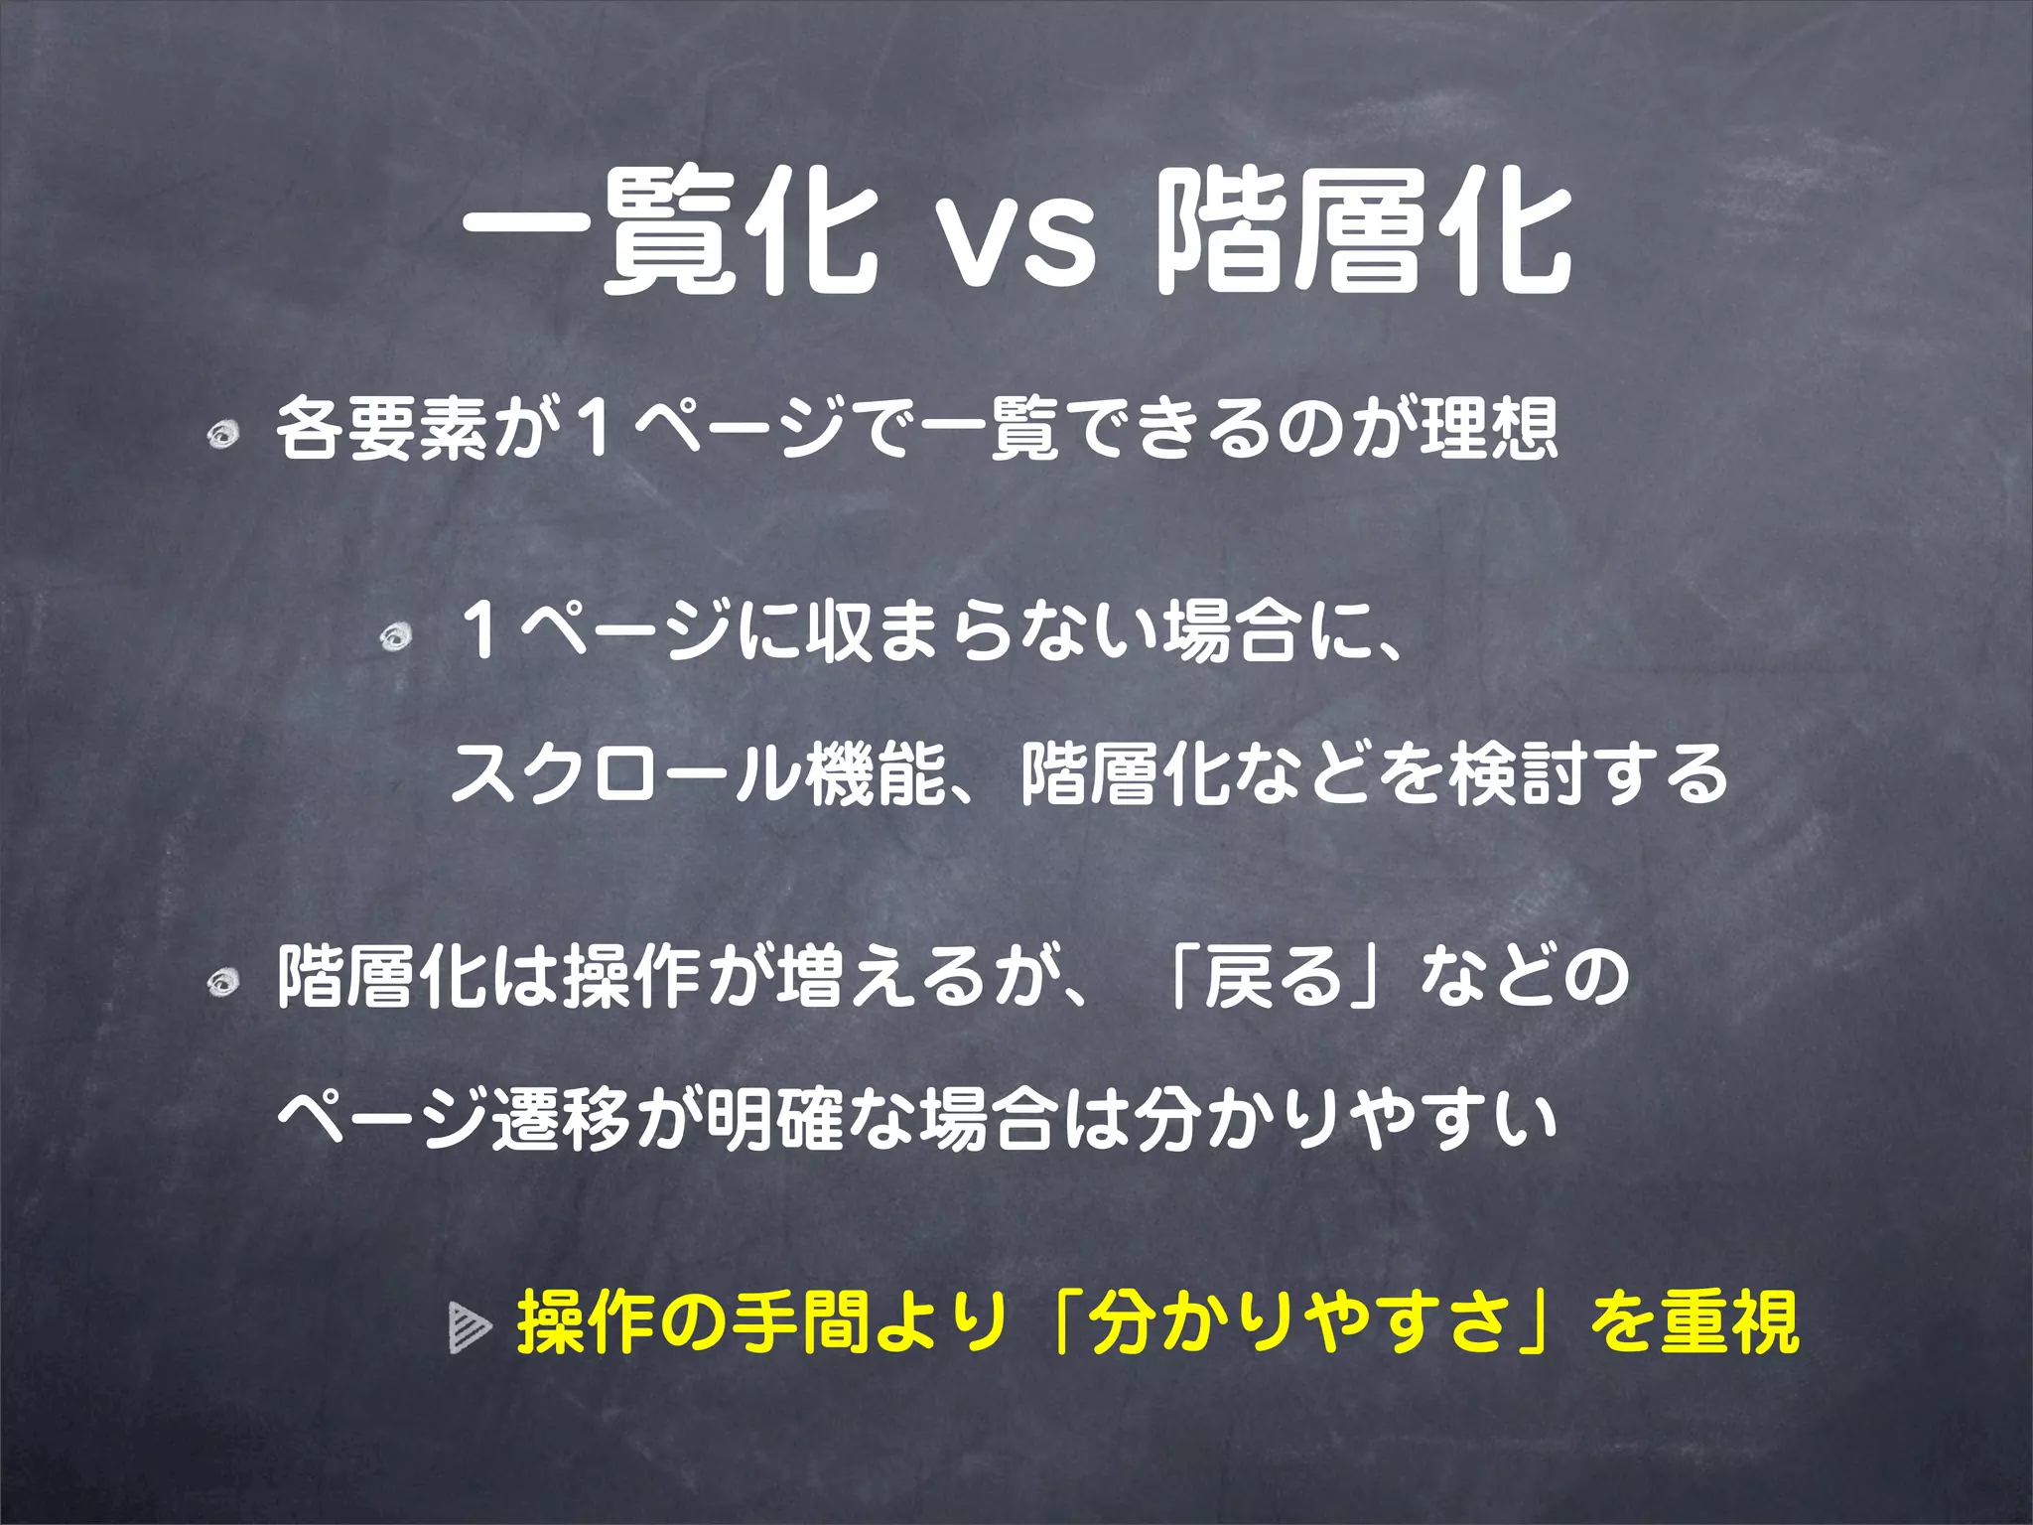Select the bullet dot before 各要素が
pos(223,434)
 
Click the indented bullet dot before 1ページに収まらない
pos(396,636)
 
